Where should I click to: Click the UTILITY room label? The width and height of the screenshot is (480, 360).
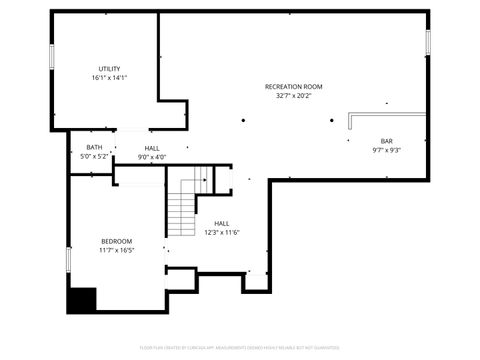pyautogui.click(x=109, y=68)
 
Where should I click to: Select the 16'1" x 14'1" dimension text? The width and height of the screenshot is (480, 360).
pyautogui.click(x=109, y=77)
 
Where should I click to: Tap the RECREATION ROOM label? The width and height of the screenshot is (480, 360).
pyautogui.click(x=293, y=87)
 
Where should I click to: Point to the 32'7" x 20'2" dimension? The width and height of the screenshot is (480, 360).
pyautogui.click(x=293, y=96)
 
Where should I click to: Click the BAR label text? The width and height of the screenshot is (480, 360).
pyautogui.click(x=386, y=141)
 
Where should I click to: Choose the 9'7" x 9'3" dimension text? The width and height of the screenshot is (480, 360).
pyautogui.click(x=386, y=150)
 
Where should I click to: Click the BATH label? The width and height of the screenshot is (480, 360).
pyautogui.click(x=93, y=148)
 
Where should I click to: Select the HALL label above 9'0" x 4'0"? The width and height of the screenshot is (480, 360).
pyautogui.click(x=151, y=148)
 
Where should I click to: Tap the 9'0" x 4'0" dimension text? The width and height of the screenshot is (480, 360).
pyautogui.click(x=151, y=157)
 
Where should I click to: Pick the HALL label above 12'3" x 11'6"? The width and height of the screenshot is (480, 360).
pyautogui.click(x=221, y=223)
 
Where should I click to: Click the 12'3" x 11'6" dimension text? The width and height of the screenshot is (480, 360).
pyautogui.click(x=221, y=232)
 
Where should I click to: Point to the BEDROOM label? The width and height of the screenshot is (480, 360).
pyautogui.click(x=116, y=241)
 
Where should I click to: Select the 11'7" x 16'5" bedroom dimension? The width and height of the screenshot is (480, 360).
pyautogui.click(x=116, y=250)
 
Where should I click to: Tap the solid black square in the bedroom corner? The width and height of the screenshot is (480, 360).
pyautogui.click(x=82, y=300)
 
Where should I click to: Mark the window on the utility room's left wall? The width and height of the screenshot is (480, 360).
pyautogui.click(x=52, y=55)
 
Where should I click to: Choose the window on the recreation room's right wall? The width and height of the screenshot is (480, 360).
pyautogui.click(x=428, y=42)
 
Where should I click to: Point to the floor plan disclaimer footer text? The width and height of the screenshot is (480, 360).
pyautogui.click(x=240, y=349)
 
